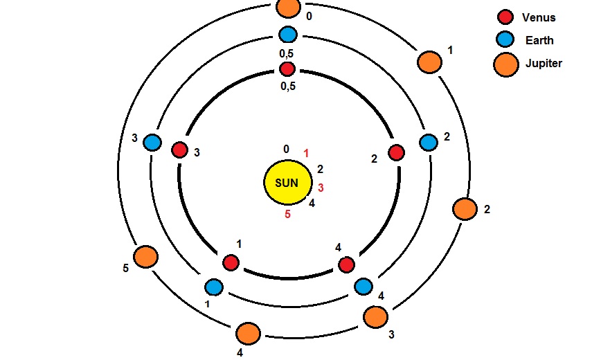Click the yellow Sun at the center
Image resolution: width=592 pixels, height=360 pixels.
click(x=287, y=183)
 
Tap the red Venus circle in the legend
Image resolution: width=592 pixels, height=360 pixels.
click(x=505, y=17)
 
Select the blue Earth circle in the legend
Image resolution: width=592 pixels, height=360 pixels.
click(x=505, y=40)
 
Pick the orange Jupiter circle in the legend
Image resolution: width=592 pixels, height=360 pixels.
click(x=506, y=64)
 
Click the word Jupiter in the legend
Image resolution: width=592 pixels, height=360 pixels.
click(x=544, y=64)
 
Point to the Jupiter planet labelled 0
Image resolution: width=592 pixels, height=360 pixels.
click(x=287, y=8)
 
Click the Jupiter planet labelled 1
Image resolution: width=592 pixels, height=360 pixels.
click(x=429, y=62)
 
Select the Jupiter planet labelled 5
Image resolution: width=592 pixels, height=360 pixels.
click(x=145, y=257)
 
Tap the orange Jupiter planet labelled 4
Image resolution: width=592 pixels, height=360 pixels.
click(x=247, y=334)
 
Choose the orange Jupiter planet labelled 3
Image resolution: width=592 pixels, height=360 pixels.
click(x=375, y=316)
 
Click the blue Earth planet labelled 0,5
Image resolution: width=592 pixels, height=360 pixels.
click(x=287, y=34)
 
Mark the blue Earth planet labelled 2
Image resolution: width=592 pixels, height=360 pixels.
click(x=429, y=143)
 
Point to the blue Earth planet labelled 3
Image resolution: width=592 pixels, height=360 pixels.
click(x=152, y=143)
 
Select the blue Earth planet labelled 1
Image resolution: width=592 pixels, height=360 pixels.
click(x=214, y=286)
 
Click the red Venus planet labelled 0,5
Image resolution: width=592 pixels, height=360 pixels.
click(x=287, y=69)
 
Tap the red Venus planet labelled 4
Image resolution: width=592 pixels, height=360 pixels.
click(x=346, y=264)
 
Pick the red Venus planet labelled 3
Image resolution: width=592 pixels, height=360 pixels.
click(x=179, y=150)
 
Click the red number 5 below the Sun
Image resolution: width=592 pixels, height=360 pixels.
click(x=287, y=215)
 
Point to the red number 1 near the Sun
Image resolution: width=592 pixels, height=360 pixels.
click(x=307, y=153)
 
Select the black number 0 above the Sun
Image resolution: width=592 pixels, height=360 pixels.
click(x=286, y=149)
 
